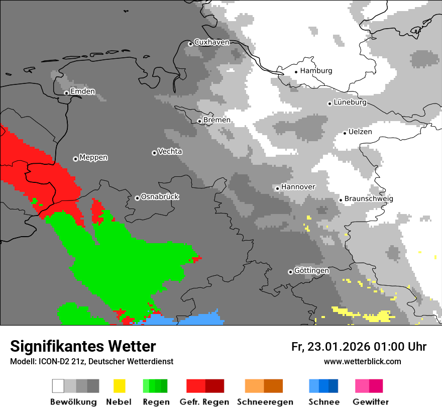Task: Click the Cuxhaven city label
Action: pos(211,42)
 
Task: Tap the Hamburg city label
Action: pos(316,71)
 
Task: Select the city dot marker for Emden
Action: pos(66,92)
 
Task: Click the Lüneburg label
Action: pos(350,102)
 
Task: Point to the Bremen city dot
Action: pos(199,121)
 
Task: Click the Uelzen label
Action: pos(360,132)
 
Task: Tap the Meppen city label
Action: pos(93,158)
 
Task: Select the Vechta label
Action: pos(170,152)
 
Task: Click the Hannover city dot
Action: pos(277,188)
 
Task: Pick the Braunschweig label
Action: pos(369,199)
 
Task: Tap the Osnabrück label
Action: pos(160,197)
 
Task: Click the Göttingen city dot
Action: pos(290,272)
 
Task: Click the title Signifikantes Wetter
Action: pos(83,347)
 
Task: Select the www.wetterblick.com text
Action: pos(362,362)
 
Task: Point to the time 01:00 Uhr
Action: pos(399,347)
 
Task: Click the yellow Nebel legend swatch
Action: pos(119,386)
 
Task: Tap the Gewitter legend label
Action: pos(371,402)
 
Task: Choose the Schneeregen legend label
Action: pos(265,402)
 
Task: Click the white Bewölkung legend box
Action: pos(58,386)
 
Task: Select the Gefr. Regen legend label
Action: pos(204,402)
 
